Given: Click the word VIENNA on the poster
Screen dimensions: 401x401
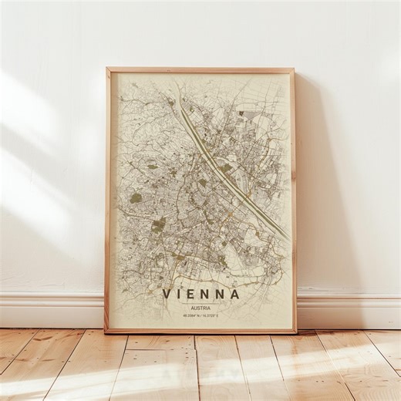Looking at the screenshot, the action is [x=201, y=294].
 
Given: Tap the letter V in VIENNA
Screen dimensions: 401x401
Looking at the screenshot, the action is [x=167, y=294].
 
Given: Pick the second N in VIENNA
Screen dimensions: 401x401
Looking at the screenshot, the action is [x=221, y=294].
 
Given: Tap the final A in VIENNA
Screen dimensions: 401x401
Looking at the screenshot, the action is [x=235, y=294].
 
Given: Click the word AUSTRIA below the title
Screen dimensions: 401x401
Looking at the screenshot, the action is [x=200, y=306].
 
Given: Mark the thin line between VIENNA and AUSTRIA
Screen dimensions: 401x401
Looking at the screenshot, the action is [x=200, y=302].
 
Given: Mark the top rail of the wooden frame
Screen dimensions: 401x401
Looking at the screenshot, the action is [x=200, y=69].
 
